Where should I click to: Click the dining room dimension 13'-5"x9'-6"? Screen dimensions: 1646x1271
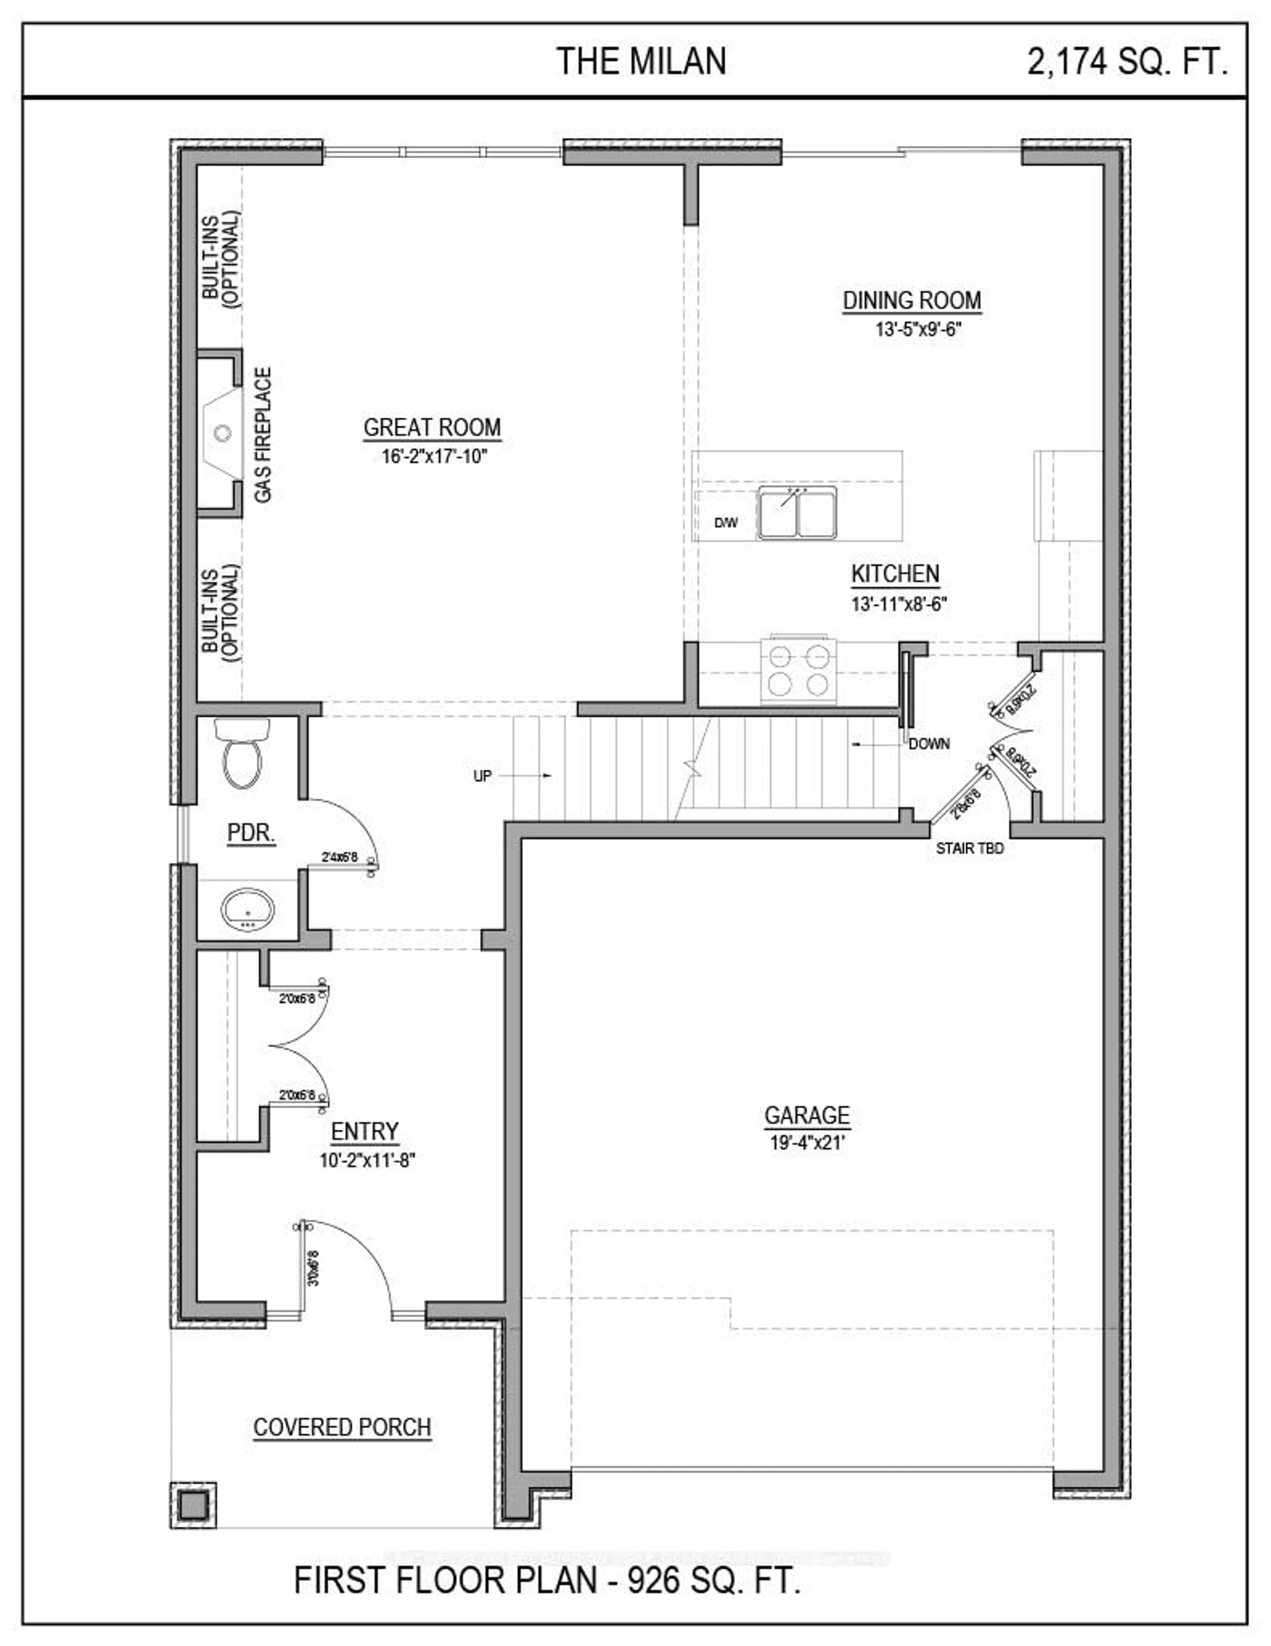[918, 329]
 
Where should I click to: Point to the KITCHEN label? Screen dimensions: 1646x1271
[895, 574]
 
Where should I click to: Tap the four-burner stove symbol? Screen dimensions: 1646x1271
[799, 671]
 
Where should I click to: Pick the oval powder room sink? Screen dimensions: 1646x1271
[248, 909]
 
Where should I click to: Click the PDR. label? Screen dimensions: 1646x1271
[251, 833]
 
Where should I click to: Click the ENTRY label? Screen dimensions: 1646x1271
[365, 1131]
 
